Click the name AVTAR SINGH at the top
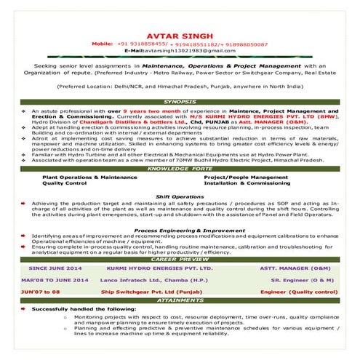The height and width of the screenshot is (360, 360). (x=180, y=35)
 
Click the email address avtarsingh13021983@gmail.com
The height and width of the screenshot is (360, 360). (x=180, y=51)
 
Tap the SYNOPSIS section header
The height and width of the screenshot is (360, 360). (x=180, y=101)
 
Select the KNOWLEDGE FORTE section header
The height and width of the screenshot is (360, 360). (x=180, y=168)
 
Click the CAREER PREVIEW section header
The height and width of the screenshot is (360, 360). (x=180, y=259)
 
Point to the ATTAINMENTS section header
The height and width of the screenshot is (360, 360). (x=180, y=299)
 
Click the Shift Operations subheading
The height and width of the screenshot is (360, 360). (x=180, y=196)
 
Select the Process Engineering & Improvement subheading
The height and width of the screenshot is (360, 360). (x=180, y=230)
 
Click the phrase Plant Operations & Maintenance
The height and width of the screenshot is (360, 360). (x=89, y=177)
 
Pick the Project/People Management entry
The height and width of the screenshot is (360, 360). (x=241, y=177)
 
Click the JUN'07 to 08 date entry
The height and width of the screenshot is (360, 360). (x=41, y=290)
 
